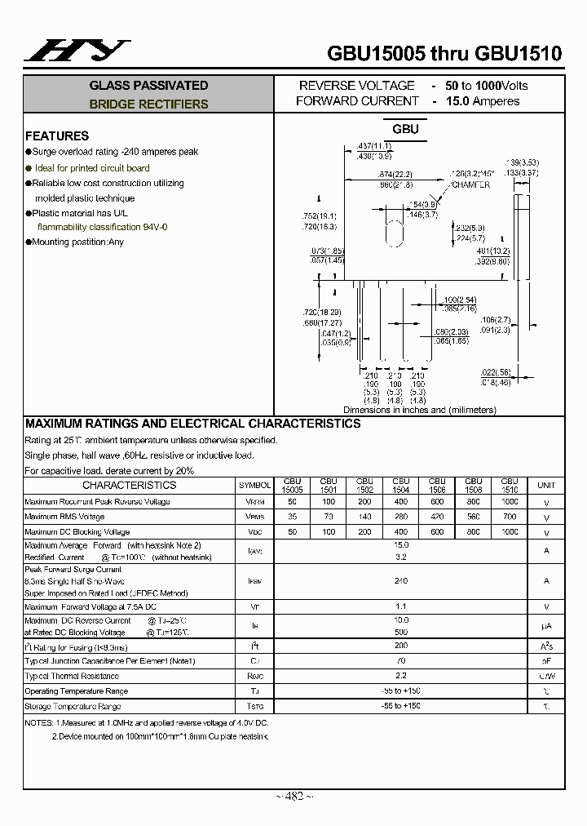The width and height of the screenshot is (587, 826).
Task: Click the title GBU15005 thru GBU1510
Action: [x=444, y=54]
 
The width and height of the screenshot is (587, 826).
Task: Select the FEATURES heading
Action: [x=57, y=136]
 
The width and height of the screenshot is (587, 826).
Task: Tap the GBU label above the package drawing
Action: [x=405, y=129]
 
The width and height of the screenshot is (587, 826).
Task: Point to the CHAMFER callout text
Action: [x=470, y=185]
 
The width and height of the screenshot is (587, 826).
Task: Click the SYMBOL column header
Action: [x=254, y=486]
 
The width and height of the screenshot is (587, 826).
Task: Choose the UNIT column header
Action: [x=546, y=486]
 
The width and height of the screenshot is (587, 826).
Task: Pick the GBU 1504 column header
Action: [x=400, y=486]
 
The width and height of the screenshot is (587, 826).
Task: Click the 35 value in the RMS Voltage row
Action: [x=292, y=517]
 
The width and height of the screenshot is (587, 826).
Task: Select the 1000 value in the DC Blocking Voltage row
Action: [x=510, y=531]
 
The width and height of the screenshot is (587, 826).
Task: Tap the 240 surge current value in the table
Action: [x=400, y=581]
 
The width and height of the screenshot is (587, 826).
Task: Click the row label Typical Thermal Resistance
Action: [x=72, y=676]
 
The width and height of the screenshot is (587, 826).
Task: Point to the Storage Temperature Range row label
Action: [x=73, y=706]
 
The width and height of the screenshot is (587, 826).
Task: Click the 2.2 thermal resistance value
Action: [x=400, y=676]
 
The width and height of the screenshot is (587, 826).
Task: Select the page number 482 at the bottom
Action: [x=293, y=797]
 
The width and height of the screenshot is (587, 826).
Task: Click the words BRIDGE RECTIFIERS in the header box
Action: [x=148, y=104]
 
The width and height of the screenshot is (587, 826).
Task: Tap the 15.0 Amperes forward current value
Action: [x=482, y=101]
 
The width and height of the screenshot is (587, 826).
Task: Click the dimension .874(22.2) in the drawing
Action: [x=396, y=175]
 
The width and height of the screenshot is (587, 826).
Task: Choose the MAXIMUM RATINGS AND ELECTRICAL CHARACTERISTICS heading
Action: [x=192, y=424]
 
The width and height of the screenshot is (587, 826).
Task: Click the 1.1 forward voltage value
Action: [x=400, y=606]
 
